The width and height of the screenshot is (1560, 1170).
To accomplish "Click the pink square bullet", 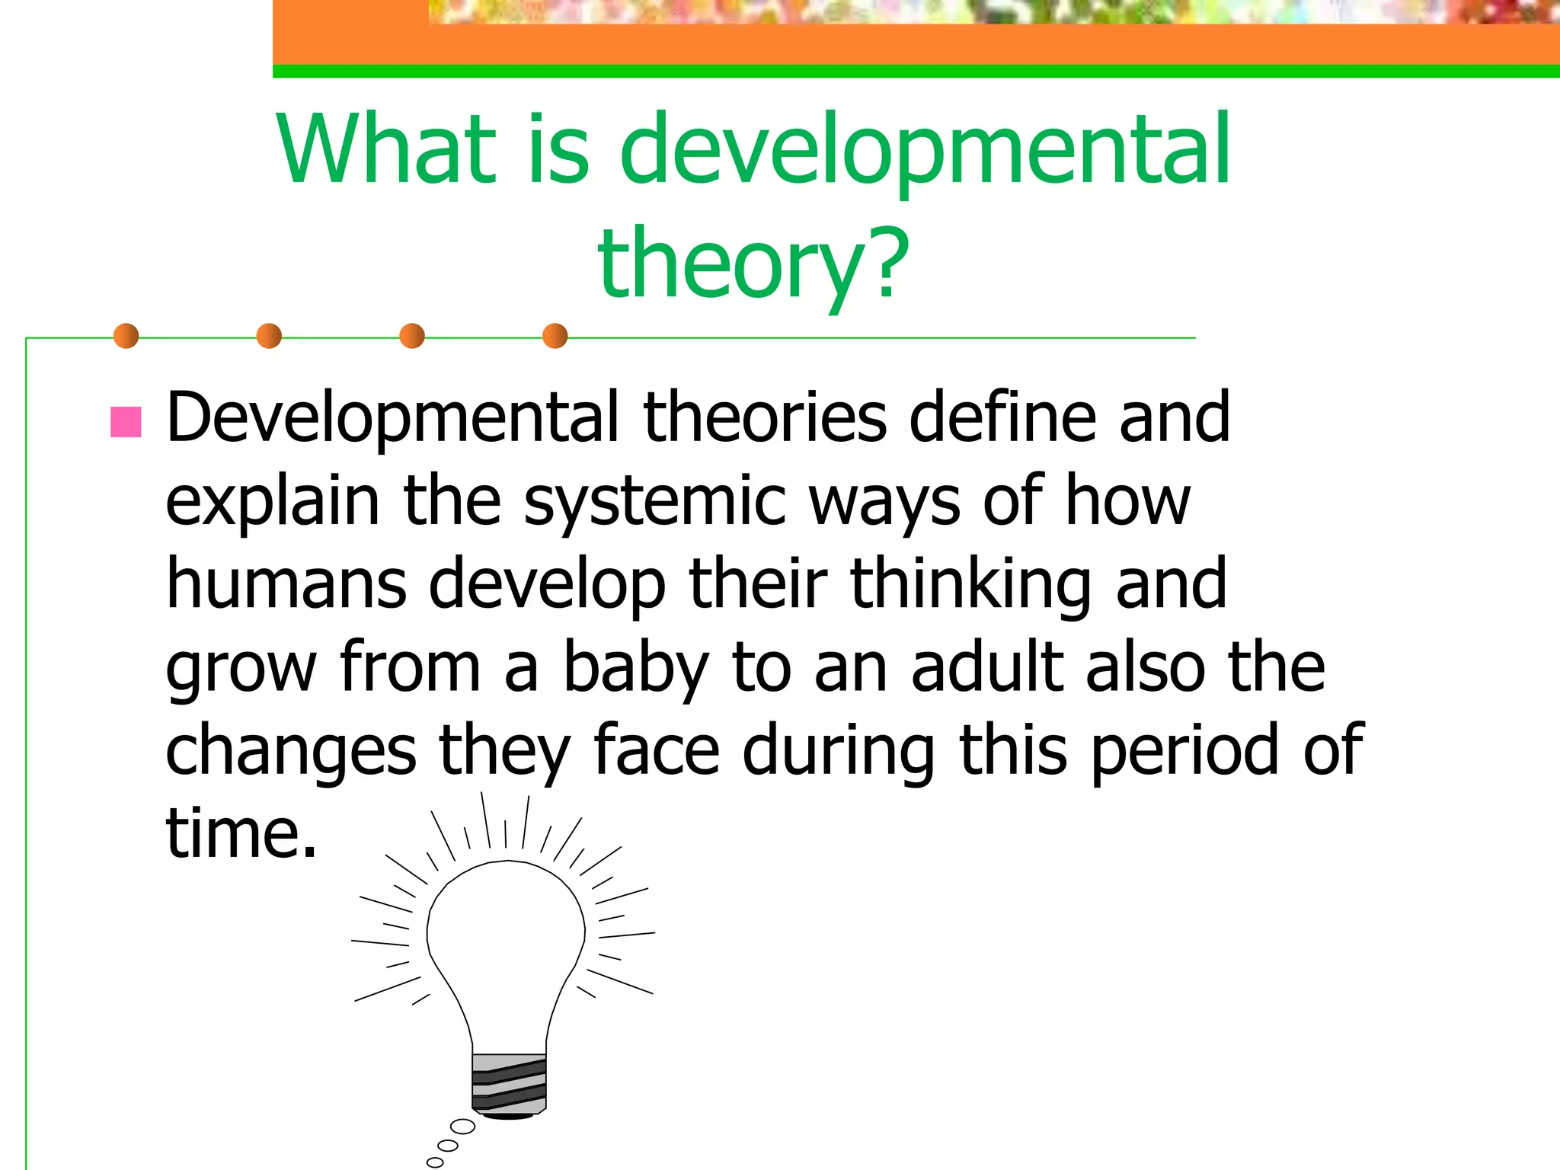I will coord(126,422).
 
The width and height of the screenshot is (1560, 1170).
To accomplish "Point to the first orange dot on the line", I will coord(126,336).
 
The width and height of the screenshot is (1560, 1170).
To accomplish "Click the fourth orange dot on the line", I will coord(555,336).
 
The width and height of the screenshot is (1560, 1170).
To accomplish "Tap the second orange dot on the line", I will coord(269,336).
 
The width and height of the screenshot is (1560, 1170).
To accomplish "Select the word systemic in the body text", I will coord(654,502).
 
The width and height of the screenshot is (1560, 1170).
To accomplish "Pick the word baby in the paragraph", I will coord(635,668).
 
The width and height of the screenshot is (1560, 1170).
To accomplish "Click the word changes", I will coord(290,752).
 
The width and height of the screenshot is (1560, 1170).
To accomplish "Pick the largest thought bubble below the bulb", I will coord(462,1127).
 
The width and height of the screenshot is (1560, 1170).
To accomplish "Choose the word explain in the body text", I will coord(272,502).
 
